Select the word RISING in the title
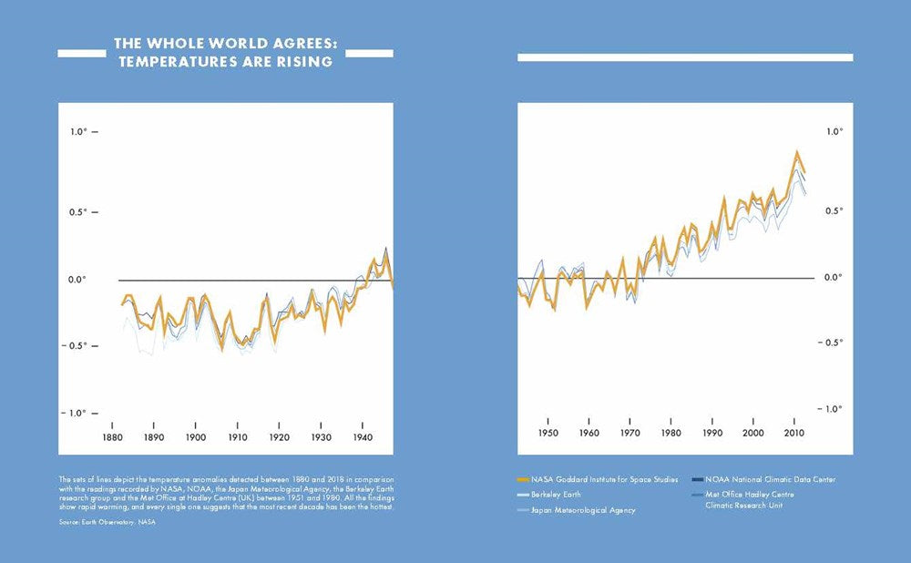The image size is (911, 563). tap(305, 62)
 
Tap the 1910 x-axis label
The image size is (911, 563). tap(237, 438)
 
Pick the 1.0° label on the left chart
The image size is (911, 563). tap(78, 132)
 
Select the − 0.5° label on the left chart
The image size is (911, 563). tap(77, 345)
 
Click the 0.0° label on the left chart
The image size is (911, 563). tap(78, 280)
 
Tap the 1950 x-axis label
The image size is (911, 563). tap(548, 434)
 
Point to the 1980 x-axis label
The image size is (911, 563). tap(671, 434)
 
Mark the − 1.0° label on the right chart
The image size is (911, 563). tap(831, 408)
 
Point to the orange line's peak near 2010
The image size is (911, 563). tap(797, 152)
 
